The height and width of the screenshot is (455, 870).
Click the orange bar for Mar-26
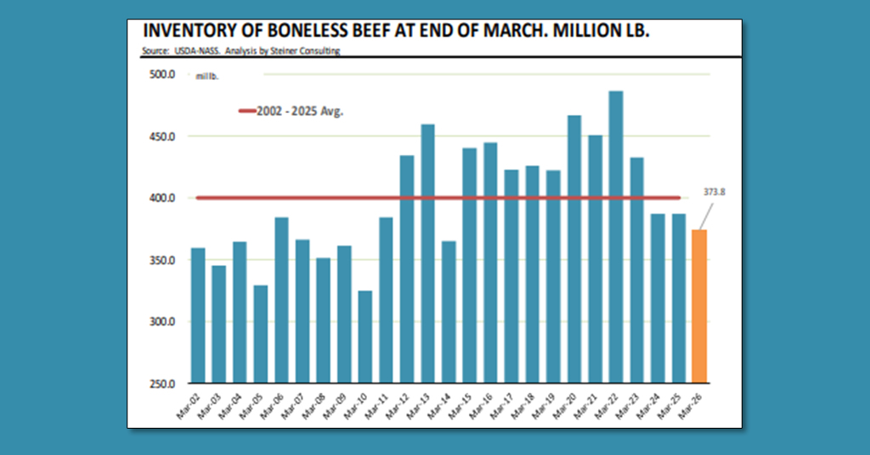[699, 306]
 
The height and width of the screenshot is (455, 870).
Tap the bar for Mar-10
[365, 337]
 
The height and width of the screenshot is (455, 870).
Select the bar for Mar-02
[198, 315]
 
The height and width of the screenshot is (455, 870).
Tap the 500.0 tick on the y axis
[162, 75]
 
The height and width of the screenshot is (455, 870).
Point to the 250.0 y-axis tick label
[162, 384]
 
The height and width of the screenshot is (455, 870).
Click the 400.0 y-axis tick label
[162, 198]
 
